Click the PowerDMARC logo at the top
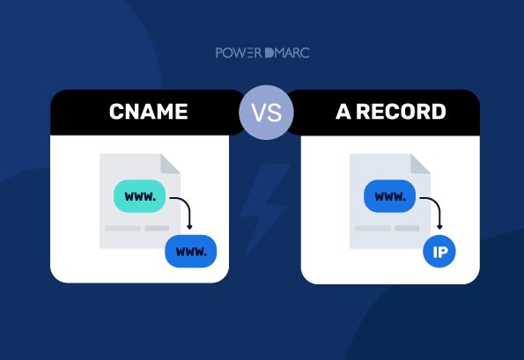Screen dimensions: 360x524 [x=262, y=53]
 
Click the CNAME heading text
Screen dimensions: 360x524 [x=147, y=113]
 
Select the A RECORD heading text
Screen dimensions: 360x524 [x=391, y=113]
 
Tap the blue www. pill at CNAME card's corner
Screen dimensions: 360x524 [x=190, y=251]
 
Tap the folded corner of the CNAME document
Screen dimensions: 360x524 [x=171, y=163]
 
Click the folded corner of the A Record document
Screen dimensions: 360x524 [x=421, y=163]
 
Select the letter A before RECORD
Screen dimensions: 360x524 [x=343, y=113]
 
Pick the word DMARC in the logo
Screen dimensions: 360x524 [x=289, y=53]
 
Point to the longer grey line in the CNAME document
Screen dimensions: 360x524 [x=122, y=228]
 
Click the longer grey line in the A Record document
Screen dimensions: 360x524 [x=373, y=228]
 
